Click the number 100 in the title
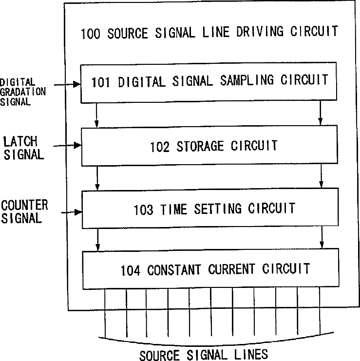tap(91, 34)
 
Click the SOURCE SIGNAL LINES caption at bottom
tap(203, 355)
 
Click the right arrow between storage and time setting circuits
tap(320, 176)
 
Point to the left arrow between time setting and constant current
tap(98, 240)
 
